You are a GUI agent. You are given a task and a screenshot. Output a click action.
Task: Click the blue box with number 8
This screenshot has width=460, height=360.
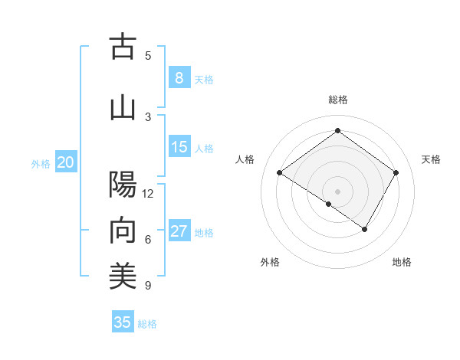click(x=179, y=77)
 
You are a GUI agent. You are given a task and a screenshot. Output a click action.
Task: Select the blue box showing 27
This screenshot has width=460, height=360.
click(x=179, y=231)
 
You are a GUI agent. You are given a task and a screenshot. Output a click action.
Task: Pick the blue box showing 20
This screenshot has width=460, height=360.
click(x=66, y=162)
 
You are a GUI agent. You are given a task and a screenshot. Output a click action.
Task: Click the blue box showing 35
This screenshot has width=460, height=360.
click(x=123, y=322)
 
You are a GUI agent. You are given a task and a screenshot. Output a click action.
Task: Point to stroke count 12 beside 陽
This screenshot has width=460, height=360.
click(x=148, y=193)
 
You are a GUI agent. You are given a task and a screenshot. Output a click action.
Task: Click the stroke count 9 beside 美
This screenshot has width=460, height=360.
click(x=147, y=286)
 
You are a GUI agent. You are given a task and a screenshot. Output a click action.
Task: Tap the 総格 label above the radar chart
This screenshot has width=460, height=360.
click(x=337, y=100)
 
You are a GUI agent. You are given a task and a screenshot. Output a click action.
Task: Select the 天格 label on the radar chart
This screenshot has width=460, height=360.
click(x=431, y=159)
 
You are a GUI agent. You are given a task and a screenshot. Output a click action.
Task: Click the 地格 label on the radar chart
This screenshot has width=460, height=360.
click(x=402, y=262)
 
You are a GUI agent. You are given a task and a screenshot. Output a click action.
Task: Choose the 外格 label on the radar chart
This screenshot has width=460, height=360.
click(x=270, y=262)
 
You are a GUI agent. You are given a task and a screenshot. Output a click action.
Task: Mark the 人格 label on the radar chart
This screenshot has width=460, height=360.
click(x=245, y=159)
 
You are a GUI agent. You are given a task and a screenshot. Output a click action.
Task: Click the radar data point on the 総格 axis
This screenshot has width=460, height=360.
click(x=337, y=131)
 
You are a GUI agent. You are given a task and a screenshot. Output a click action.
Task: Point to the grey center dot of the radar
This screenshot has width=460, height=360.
click(x=337, y=191)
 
